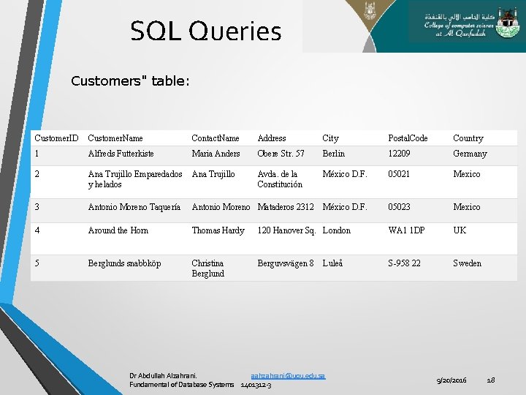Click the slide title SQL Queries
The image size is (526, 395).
click(205, 32)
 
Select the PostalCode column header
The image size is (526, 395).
click(408, 138)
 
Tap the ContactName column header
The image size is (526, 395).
click(215, 138)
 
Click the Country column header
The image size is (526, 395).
click(468, 138)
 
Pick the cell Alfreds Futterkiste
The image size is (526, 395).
click(121, 154)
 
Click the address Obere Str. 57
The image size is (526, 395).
click(281, 154)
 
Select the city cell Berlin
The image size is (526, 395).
click(333, 154)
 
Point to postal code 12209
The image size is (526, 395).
click(399, 154)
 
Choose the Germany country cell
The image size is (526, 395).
click(469, 154)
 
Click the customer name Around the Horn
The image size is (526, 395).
click(118, 230)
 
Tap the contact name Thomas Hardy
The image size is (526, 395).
click(218, 230)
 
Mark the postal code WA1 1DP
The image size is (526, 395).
click(406, 230)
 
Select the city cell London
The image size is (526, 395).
click(336, 230)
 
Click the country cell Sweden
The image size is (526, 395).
click(467, 263)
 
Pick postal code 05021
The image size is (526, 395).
click(399, 174)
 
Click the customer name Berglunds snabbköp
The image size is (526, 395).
click(124, 263)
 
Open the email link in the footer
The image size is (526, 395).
click(287, 375)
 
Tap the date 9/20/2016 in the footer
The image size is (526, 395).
click(451, 380)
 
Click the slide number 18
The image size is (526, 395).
click(491, 380)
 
